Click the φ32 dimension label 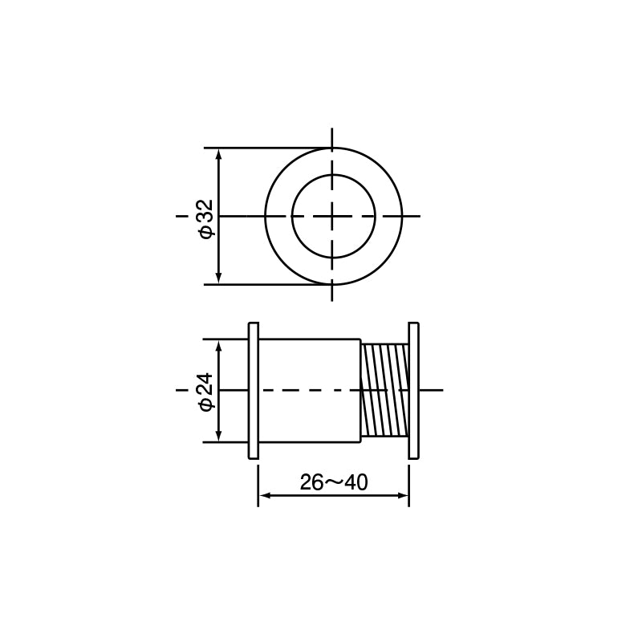coord(206,218)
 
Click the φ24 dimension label coord(206,392)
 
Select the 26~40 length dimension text coord(334,482)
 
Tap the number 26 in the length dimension coord(311,482)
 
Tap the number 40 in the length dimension coord(356,482)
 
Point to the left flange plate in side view coord(254,391)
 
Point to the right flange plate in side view coord(413,391)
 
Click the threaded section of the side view coord(385,391)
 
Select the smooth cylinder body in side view coord(310,391)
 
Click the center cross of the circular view coord(332,216)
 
